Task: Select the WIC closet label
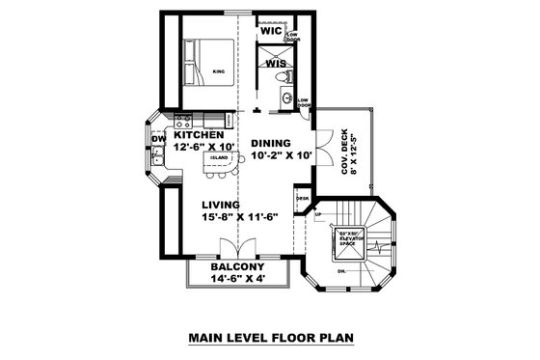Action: coord(271,31)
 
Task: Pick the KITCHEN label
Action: coord(199,136)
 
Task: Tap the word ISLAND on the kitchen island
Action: coord(219,156)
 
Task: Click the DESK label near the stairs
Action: coord(303,199)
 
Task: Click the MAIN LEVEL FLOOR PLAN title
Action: coord(271,338)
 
